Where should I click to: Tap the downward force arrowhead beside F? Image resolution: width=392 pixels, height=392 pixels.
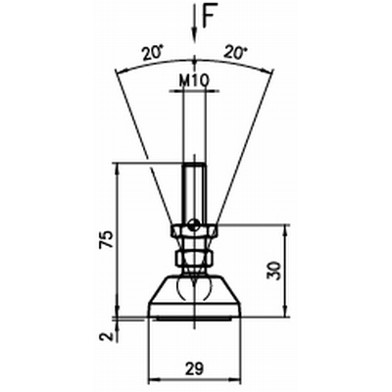pyautogui.click(x=195, y=34)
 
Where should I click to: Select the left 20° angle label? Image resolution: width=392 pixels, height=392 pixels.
pyautogui.click(x=152, y=52)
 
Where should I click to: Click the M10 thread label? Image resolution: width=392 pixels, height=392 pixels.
pyautogui.click(x=194, y=80)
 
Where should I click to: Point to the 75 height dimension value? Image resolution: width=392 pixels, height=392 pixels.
pyautogui.click(x=107, y=240)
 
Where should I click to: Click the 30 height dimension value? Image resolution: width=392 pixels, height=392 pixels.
pyautogui.click(x=273, y=270)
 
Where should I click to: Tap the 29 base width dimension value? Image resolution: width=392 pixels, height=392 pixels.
pyautogui.click(x=194, y=368)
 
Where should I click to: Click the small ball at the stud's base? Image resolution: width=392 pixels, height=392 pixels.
pyautogui.click(x=194, y=224)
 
